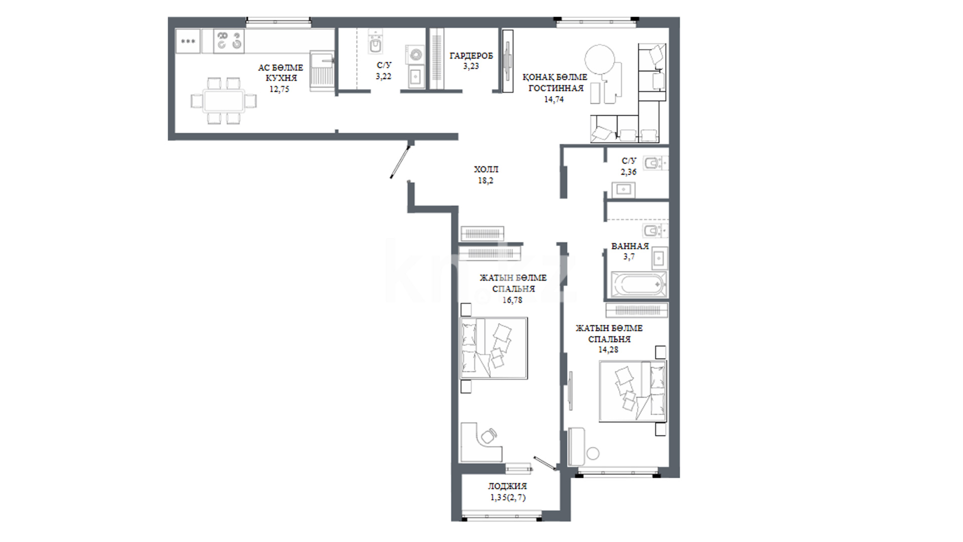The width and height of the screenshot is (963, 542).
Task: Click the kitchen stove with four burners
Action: point(229,41)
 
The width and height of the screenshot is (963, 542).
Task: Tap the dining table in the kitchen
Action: point(224,101)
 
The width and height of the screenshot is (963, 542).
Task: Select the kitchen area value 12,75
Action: point(279,89)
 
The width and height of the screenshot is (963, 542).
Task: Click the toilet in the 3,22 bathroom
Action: point(375,42)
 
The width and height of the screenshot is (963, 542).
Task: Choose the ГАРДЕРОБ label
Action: point(471,56)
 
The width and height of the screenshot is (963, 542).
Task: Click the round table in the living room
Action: point(600,60)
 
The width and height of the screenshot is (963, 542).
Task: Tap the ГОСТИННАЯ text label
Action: point(556,88)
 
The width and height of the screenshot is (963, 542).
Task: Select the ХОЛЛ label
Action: point(486,170)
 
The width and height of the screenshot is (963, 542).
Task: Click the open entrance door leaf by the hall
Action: point(401,161)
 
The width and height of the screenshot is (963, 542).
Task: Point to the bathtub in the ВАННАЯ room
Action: point(638,285)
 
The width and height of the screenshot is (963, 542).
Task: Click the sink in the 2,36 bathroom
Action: point(623,190)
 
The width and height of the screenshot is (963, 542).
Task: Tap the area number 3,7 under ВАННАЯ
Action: point(629,257)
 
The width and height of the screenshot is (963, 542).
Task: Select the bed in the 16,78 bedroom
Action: point(494,348)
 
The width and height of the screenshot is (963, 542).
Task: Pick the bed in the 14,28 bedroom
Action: point(633,391)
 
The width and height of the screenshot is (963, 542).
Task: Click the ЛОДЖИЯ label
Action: point(508,486)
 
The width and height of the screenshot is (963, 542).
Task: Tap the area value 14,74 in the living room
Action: point(554,99)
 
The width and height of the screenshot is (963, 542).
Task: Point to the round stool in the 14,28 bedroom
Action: point(593,453)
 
